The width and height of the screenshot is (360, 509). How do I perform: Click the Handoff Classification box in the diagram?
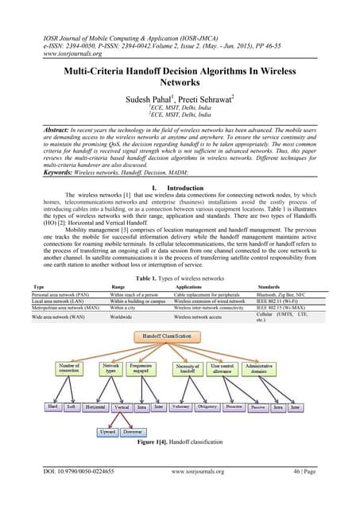click(x=179, y=339)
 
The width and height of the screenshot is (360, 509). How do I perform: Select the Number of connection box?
click(x=68, y=371)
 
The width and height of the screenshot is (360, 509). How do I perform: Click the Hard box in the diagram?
click(x=53, y=407)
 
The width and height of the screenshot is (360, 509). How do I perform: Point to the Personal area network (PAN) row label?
click(x=52, y=294)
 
